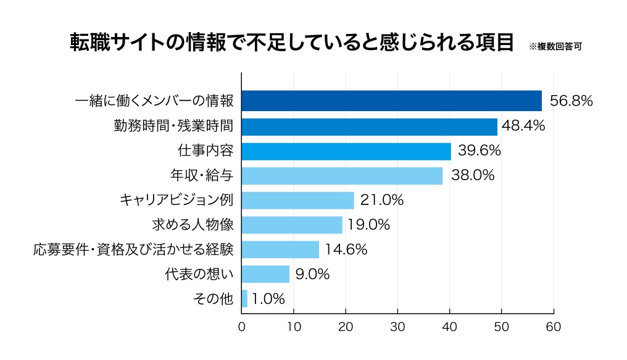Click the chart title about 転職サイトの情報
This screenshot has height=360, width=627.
[291, 44]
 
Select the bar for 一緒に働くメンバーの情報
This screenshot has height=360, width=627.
[391, 101]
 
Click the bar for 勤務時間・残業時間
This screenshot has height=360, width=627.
[369, 127]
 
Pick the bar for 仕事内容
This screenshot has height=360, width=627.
[346, 151]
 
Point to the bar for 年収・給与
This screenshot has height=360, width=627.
[342, 175]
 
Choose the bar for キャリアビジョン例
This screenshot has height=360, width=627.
[297, 200]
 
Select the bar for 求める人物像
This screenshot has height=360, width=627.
[292, 225]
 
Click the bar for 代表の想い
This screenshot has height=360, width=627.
[265, 274]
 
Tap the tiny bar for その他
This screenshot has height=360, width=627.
[244, 299]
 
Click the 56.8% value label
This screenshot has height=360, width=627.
[571, 101]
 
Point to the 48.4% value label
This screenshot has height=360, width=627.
[523, 127]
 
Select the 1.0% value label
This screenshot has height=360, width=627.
[269, 299]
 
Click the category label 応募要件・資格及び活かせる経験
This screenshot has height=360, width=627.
[133, 249]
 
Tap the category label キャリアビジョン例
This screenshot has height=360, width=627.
[176, 200]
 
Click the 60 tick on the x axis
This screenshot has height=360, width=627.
[554, 327]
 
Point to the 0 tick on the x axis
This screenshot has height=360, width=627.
[242, 327]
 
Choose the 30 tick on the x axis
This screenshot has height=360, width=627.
[397, 327]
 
